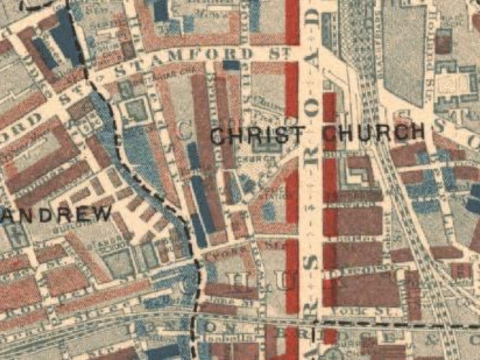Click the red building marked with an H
[461, 271]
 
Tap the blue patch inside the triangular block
[269, 210]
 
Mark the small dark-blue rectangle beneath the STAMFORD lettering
[231, 65]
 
